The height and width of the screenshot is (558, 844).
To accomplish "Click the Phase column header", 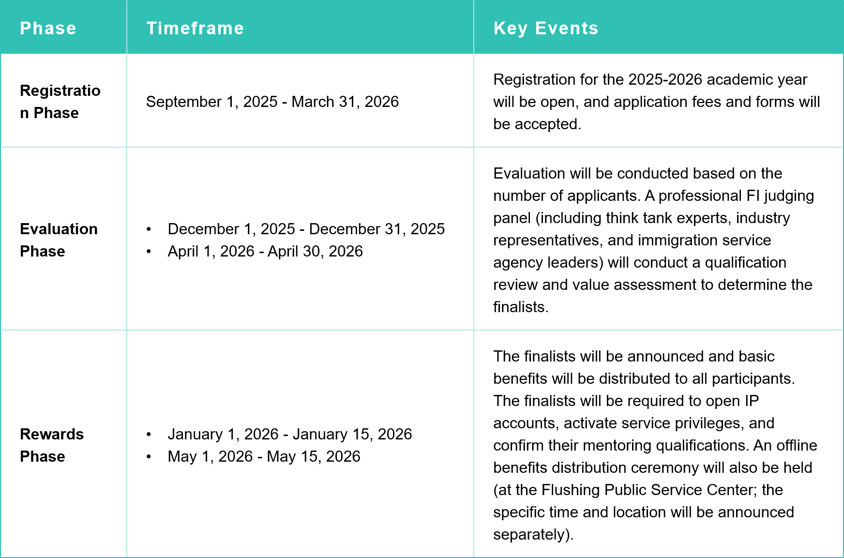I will [48, 28].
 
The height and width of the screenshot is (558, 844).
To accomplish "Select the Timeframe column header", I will [195, 28].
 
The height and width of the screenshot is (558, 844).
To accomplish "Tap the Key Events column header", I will [545, 28].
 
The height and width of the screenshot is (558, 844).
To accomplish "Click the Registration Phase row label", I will [60, 102].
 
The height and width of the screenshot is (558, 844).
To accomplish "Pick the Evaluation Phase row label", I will [59, 240].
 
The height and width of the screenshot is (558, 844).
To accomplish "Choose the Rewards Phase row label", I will [52, 445].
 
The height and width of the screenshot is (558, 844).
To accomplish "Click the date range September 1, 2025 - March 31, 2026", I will [272, 102].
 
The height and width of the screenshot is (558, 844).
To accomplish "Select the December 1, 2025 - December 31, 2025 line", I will [306, 229].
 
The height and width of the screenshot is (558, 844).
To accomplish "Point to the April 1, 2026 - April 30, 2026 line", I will [265, 251].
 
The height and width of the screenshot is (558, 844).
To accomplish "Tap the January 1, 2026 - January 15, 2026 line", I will [289, 434].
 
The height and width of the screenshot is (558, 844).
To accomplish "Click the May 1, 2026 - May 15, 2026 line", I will [264, 456].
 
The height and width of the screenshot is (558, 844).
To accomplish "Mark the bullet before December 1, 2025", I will [149, 229].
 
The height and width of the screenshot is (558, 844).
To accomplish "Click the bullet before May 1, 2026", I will [149, 456].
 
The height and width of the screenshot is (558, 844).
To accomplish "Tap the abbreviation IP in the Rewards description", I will [752, 401].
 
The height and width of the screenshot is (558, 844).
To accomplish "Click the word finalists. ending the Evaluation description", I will [521, 307].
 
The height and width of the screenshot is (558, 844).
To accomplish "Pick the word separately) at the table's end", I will [533, 534].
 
